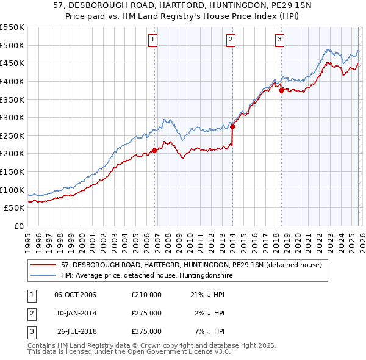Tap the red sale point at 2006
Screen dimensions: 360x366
pyautogui.click(x=154, y=149)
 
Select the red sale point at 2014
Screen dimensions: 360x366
pyautogui.click(x=233, y=127)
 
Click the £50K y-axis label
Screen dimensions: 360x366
pyautogui.click(x=14, y=208)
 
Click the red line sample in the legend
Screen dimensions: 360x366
pyautogui.click(x=44, y=265)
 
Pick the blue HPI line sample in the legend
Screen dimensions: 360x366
pyautogui.click(x=44, y=276)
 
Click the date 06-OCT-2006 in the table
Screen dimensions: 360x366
pyautogui.click(x=75, y=295)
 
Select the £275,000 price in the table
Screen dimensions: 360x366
pyautogui.click(x=146, y=313)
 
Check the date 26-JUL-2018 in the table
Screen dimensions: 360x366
pyautogui.click(x=76, y=331)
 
